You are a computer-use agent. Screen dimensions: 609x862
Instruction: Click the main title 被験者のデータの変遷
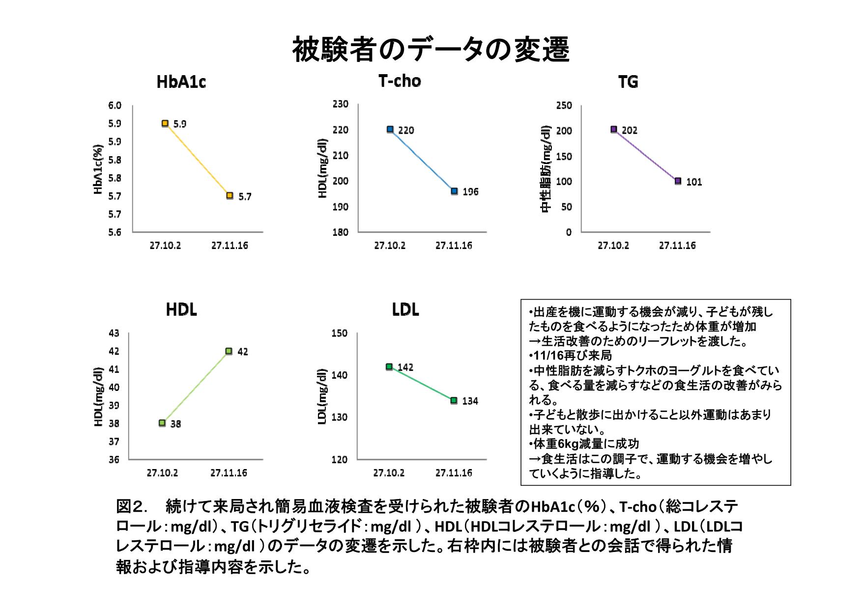[431, 50]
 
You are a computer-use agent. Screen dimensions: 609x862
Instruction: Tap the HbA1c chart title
[181, 82]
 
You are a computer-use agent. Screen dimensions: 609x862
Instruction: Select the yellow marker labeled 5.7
[230, 195]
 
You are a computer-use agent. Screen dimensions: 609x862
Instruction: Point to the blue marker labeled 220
[390, 129]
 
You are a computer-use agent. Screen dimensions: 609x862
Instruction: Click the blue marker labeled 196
[454, 191]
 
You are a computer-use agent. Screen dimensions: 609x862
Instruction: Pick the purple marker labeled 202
[614, 129]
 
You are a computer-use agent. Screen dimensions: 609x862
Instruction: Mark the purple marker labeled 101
[678, 181]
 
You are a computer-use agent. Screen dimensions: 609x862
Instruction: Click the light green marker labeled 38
[162, 423]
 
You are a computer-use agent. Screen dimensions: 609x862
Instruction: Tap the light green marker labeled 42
[229, 351]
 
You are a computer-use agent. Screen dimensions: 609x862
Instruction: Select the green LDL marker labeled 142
[389, 366]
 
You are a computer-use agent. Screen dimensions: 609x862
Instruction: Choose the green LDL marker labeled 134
[454, 401]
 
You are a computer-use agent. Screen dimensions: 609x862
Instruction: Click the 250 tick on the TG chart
[564, 106]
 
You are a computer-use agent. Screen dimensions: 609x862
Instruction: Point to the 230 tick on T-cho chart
[340, 104]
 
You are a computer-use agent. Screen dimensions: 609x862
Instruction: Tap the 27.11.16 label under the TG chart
[677, 246]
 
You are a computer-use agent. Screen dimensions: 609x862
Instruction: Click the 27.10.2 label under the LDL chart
[389, 473]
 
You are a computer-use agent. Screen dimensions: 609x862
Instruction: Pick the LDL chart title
[405, 310]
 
